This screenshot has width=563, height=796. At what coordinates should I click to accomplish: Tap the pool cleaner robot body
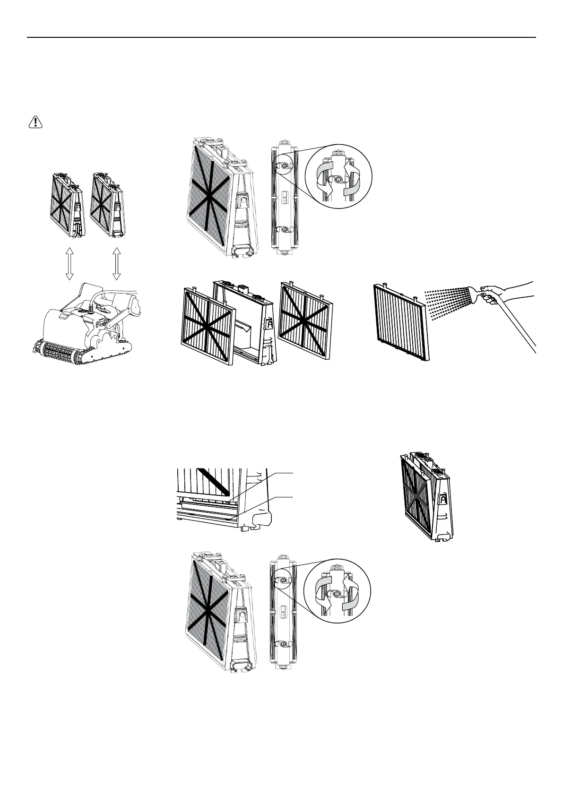pos(85,326)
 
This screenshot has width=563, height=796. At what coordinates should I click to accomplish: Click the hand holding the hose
pos(492,295)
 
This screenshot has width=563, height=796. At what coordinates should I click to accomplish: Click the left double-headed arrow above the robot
pos(69,264)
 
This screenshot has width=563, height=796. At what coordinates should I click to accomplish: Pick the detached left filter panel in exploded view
pos(208,326)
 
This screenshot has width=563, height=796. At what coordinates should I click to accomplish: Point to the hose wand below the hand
pos(515,326)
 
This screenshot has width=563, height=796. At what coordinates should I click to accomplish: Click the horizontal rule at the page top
pos(281,37)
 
